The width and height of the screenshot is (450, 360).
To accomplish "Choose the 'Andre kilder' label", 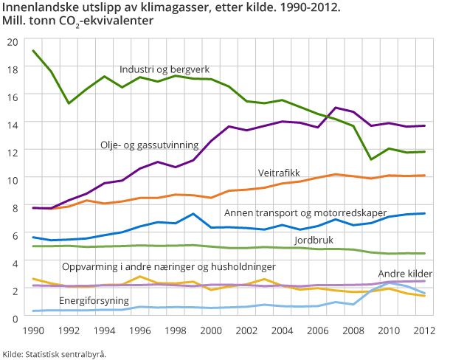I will click(x=404, y=274).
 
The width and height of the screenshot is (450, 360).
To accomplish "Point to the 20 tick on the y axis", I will click(x=12, y=41).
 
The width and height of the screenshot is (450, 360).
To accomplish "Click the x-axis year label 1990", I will click(x=33, y=331).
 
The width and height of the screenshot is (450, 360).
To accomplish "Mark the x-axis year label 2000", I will click(x=211, y=331).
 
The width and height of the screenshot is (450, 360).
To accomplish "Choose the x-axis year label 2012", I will click(x=423, y=331).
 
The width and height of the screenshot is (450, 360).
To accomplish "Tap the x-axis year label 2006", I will click(x=317, y=331).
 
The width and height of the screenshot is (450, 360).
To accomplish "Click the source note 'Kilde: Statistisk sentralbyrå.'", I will click(x=55, y=354).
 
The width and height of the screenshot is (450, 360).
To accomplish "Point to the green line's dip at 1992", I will click(x=69, y=103).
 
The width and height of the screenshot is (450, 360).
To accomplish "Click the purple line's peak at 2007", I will click(x=336, y=108).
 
